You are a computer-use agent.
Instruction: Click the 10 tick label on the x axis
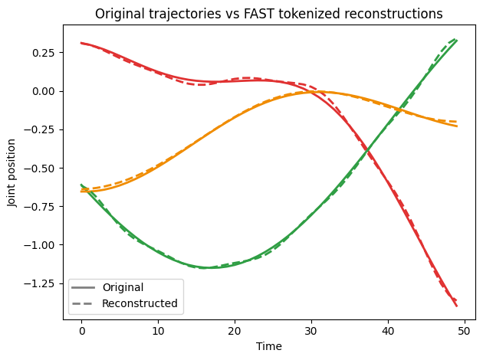(x=158, y=331)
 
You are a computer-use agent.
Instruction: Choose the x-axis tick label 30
(x=310, y=331)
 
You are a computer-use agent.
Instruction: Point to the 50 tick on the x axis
(x=464, y=331)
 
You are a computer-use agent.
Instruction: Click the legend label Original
(x=123, y=288)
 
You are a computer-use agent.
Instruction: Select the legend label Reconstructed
(x=140, y=303)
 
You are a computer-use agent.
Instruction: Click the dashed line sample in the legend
(x=84, y=303)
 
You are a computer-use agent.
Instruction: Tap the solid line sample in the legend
(x=84, y=288)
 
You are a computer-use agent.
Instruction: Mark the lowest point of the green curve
(x=207, y=267)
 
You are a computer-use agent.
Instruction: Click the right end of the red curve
(x=456, y=306)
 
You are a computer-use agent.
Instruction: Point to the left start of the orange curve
(x=82, y=191)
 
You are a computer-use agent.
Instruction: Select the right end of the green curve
(x=456, y=40)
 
